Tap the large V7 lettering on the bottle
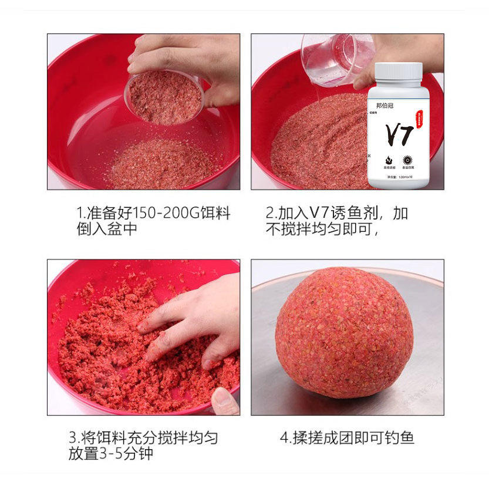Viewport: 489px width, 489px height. tap(398, 134)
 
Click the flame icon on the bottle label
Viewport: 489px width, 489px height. tap(387, 159)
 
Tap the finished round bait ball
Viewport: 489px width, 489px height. tap(343, 333)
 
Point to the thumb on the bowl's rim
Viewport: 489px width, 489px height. tap(225, 401)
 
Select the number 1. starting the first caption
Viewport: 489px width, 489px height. tap(81, 213)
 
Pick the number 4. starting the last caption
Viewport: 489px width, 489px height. tap(285, 437)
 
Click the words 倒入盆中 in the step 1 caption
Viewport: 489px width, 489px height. tap(107, 229)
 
